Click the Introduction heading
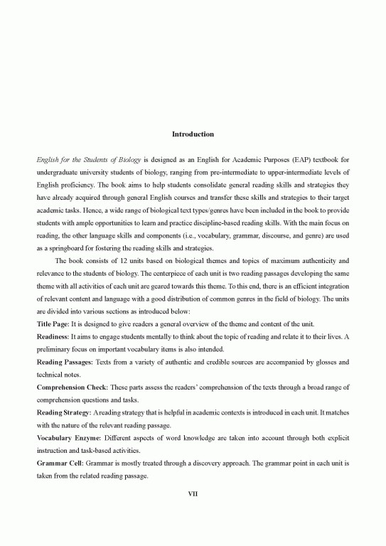193,134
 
